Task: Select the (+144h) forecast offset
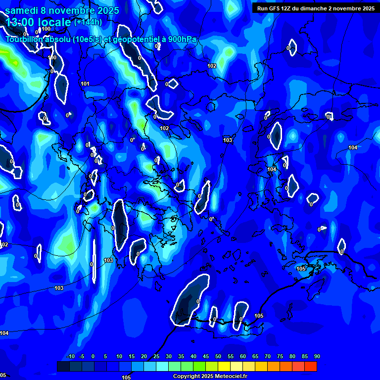point(88,22)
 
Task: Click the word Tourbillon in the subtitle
point(24,40)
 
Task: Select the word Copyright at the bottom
point(187,377)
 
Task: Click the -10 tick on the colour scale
point(70,357)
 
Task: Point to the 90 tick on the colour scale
point(317,357)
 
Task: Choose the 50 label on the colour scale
point(218,357)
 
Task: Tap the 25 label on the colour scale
point(156,357)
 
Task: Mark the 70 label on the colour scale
point(267,357)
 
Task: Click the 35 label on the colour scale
point(181,357)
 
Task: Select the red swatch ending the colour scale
point(310,366)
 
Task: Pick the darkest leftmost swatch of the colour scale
point(63,366)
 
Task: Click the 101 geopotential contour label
point(85,84)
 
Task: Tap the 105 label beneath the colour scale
point(126,378)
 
